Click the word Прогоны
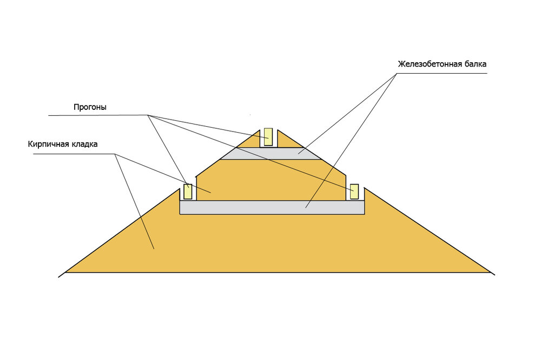90,107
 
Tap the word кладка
84,144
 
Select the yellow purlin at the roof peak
268,137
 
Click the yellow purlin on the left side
188,192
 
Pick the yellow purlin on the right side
354,192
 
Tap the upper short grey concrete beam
270,154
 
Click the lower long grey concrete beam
272,207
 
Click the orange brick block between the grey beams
271,180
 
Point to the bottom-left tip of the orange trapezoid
65,272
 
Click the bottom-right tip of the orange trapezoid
491,272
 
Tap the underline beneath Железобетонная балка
441,73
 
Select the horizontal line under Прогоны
98,115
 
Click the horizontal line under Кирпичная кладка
74,154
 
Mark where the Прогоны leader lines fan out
148,115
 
